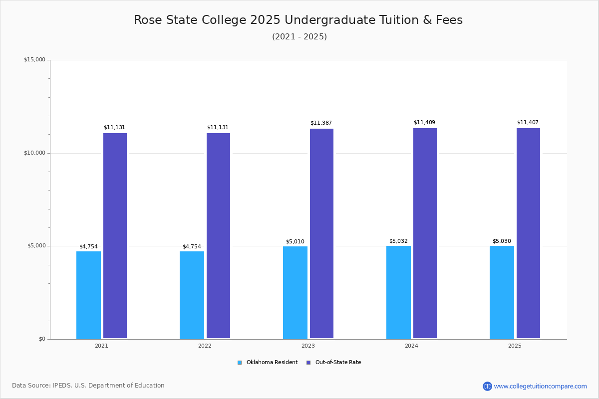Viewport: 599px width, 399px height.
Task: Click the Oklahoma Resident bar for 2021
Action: (x=88, y=295)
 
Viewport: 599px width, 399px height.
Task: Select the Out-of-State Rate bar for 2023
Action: (x=321, y=233)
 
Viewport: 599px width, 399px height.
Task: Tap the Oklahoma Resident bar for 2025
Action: (x=502, y=292)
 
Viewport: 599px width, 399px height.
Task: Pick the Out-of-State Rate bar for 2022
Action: (x=218, y=236)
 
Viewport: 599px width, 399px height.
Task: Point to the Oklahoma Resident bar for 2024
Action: (x=398, y=292)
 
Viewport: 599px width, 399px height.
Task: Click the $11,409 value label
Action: (x=424, y=122)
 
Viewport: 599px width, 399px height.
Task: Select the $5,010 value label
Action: (x=295, y=241)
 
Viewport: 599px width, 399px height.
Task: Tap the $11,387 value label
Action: (x=321, y=123)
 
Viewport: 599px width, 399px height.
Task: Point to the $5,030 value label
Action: (x=502, y=241)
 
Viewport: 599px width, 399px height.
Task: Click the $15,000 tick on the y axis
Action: (x=35, y=59)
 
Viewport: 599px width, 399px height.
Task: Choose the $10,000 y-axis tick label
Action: (x=35, y=153)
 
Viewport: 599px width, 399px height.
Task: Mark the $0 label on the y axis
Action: (x=42, y=339)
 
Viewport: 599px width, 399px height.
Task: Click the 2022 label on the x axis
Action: (x=205, y=346)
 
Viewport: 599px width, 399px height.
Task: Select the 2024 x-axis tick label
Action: (x=411, y=346)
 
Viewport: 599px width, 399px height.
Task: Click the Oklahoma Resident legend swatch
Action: (x=240, y=363)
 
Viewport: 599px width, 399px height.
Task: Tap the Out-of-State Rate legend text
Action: (x=338, y=362)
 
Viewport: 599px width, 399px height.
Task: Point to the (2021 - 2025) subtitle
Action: (x=299, y=36)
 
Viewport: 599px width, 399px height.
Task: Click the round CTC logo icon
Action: (x=487, y=386)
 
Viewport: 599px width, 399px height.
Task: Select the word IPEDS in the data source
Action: (x=62, y=386)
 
